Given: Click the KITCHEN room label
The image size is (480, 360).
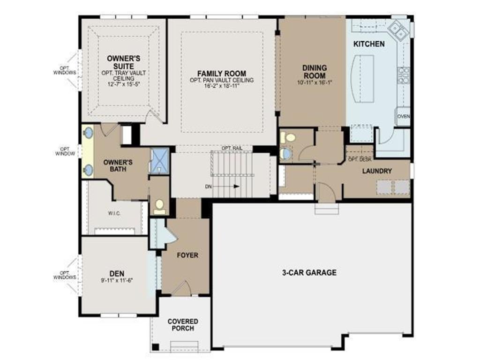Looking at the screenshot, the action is point(369,44).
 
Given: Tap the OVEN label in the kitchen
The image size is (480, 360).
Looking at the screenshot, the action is point(404,116).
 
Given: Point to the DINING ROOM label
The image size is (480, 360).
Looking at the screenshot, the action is point(315,72).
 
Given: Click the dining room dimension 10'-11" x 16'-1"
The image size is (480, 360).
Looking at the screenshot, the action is point(315,82).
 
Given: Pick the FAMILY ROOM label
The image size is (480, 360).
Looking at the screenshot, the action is point(222,74).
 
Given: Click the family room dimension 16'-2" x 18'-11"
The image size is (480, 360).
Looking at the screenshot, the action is point(222,86).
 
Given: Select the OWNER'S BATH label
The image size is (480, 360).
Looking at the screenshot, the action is point(118,165).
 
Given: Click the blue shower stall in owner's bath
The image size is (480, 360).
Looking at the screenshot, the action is point(160,161).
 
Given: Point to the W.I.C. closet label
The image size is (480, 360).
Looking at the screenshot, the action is point(114,213).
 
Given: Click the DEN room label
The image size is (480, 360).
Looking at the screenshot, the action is point(117,273).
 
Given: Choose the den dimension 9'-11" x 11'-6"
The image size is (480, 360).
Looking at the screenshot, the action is point(117,280).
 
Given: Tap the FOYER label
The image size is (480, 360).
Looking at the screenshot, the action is point(187,255).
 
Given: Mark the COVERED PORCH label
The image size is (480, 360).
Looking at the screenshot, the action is point(183,325).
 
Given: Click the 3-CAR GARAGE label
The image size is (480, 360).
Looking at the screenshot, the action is point(309,272).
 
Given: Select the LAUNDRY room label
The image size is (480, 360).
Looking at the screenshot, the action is point(377,171).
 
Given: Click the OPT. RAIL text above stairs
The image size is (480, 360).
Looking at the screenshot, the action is point(232,148).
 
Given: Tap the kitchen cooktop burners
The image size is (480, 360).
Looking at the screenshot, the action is point(403,75).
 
